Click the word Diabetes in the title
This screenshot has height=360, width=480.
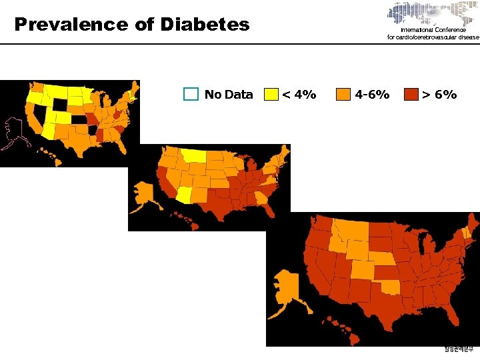click(204, 25)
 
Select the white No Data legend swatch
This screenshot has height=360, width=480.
click(192, 94)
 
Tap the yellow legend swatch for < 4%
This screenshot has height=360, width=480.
click(271, 94)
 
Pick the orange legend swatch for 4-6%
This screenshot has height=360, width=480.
click(343, 94)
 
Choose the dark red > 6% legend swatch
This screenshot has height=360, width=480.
click(411, 94)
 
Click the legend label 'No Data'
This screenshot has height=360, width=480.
click(229, 95)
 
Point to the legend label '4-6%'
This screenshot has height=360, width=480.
click(373, 95)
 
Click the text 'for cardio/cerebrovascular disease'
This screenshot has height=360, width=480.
click(433, 37)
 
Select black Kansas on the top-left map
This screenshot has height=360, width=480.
click(79, 120)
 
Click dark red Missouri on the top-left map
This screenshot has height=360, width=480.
click(91, 121)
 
